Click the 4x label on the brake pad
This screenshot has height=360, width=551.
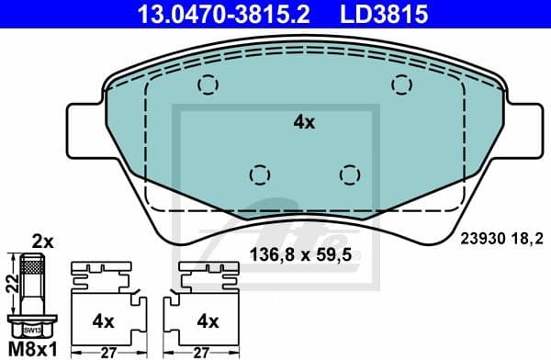click(x=303, y=121)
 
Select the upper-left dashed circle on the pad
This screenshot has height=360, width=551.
click(x=209, y=84)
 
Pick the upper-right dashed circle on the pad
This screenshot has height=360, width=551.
click(x=402, y=84)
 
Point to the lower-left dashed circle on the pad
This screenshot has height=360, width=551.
click(x=261, y=174)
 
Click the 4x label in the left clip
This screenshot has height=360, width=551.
click(x=103, y=321)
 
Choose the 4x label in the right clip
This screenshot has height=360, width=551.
click(x=208, y=321)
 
